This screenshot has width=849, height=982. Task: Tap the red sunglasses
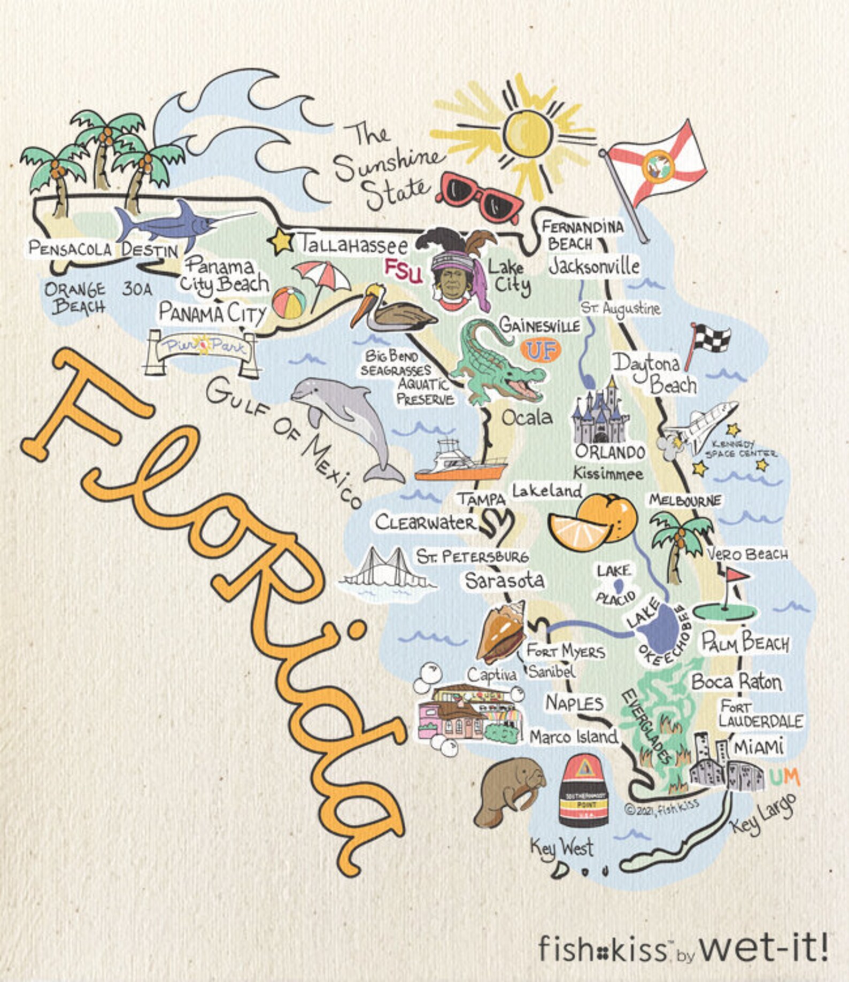tap(480, 196)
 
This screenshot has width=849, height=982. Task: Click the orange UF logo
tap(541, 351)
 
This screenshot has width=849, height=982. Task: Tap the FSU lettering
tap(403, 271)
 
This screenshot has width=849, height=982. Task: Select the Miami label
tap(758, 747)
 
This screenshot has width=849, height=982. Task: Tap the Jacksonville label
tap(594, 266)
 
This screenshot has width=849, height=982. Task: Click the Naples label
tap(574, 703)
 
